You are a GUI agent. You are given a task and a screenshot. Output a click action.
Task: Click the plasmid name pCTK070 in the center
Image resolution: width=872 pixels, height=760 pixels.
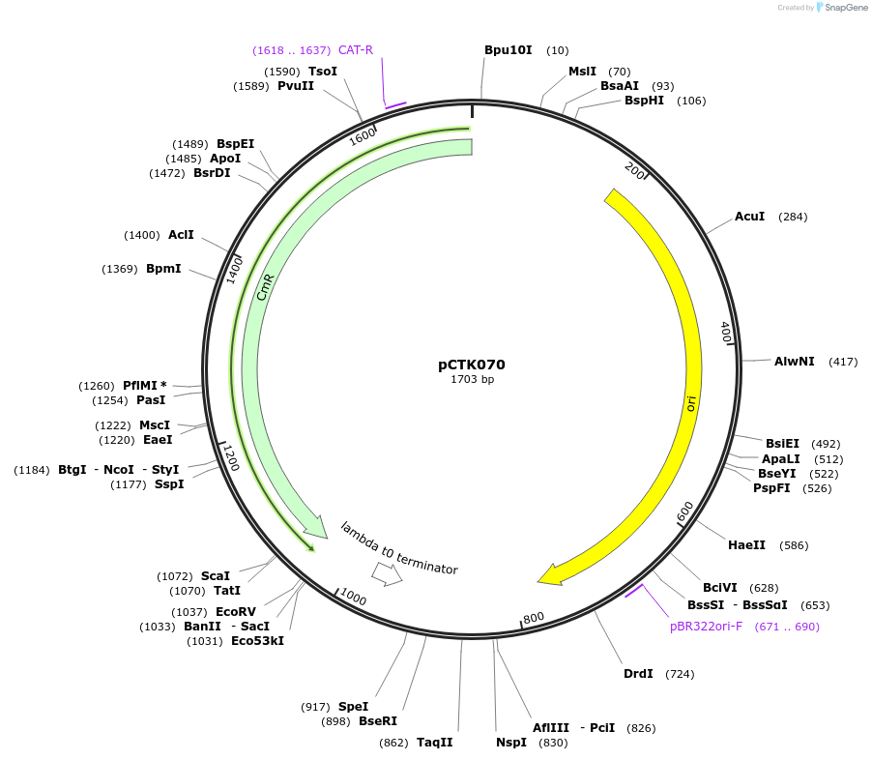pyautogui.click(x=471, y=365)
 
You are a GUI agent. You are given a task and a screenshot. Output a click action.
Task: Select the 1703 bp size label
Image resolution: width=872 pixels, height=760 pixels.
pyautogui.click(x=472, y=379)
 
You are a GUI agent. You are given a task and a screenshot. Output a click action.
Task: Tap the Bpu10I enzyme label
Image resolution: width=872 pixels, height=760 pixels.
pyautogui.click(x=508, y=49)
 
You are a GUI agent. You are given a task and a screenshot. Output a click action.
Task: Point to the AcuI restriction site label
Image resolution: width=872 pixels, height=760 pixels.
pyautogui.click(x=749, y=217)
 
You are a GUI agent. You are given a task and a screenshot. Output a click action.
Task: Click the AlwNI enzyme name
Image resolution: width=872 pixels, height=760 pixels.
pyautogui.click(x=794, y=362)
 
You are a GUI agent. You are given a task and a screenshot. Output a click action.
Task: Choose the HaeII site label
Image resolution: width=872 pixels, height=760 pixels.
pyautogui.click(x=746, y=545)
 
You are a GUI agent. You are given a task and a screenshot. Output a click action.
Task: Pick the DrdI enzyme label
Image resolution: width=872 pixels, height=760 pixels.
pyautogui.click(x=638, y=674)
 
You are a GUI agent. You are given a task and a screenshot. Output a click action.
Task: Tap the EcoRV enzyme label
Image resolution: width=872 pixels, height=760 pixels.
pyautogui.click(x=236, y=612)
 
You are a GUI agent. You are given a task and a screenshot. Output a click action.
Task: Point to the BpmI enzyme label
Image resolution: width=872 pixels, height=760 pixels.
pyautogui.click(x=163, y=269)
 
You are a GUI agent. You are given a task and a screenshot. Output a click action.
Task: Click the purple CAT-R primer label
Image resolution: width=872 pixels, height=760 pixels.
pyautogui.click(x=356, y=50)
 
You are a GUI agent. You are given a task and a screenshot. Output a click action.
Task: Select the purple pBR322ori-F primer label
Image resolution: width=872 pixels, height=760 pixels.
pyautogui.click(x=707, y=627)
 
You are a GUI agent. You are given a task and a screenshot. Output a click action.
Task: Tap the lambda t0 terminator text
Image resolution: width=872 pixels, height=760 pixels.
pyautogui.click(x=398, y=548)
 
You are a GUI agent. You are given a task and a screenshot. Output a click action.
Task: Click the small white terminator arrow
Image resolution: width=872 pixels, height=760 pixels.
pyautogui.click(x=388, y=574)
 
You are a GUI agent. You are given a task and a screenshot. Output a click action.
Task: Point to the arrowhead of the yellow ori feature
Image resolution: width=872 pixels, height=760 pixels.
pyautogui.click(x=548, y=576)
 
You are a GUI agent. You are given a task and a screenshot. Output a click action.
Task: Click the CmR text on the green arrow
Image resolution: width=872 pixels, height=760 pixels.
pyautogui.click(x=266, y=287)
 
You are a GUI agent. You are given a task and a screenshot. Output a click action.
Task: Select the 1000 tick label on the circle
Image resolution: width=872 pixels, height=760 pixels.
pyautogui.click(x=353, y=599)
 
